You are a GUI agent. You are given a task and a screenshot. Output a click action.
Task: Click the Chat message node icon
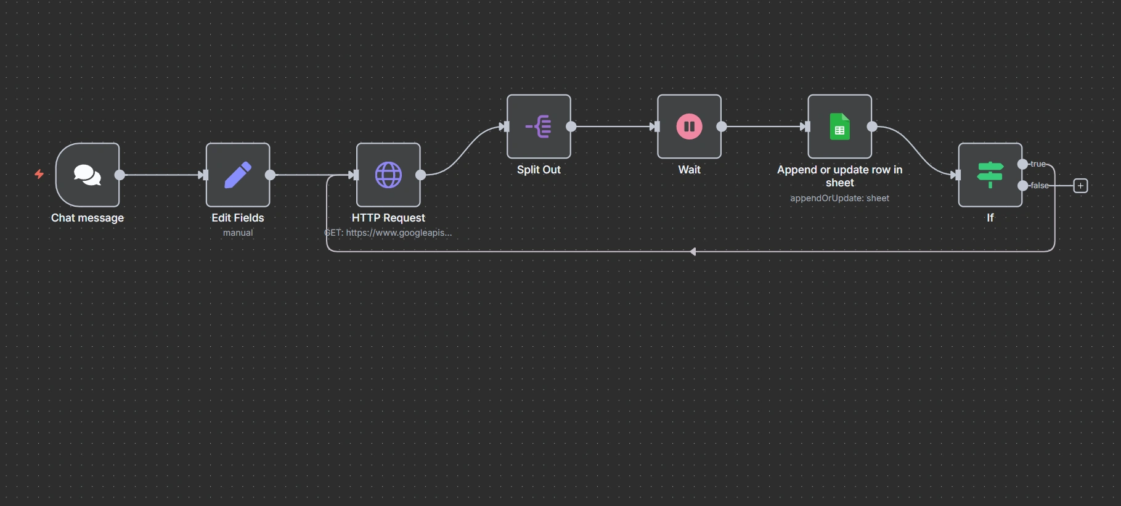tap(88, 175)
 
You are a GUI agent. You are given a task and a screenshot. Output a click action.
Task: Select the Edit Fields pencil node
tap(238, 175)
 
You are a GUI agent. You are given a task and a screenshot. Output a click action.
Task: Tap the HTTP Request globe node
tap(388, 175)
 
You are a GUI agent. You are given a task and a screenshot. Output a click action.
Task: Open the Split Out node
tap(539, 126)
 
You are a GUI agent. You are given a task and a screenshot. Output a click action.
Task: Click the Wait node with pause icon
tap(689, 126)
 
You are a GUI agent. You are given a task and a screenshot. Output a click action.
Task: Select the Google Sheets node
tap(839, 126)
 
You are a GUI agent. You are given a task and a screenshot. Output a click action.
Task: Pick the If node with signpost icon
tap(990, 175)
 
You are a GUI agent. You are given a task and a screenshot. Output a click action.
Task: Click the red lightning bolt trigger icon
tap(39, 174)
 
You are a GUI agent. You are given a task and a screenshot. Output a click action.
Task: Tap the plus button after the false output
tap(1080, 186)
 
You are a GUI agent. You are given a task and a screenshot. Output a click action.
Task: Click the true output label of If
tap(1038, 164)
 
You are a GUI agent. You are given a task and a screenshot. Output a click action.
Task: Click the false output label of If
tap(1039, 186)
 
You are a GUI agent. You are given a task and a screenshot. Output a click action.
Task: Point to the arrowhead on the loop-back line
tap(693, 252)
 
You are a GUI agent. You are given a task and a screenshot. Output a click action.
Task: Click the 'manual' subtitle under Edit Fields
tap(238, 233)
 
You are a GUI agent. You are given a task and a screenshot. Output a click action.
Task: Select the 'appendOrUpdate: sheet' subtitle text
tap(839, 198)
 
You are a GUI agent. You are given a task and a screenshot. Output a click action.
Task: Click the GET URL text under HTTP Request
tap(388, 233)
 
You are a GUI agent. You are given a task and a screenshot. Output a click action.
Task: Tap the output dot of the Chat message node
tap(120, 175)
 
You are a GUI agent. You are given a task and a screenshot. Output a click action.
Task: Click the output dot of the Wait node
tap(721, 126)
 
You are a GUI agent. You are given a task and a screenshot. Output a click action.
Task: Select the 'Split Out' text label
tap(539, 170)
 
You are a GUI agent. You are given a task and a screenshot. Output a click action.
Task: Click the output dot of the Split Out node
tap(571, 126)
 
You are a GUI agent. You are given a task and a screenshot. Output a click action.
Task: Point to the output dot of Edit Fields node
tap(270, 175)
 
